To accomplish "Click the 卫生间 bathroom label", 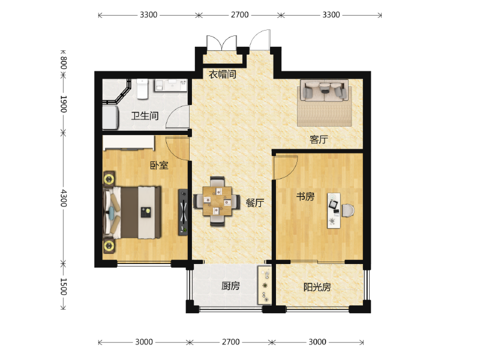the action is tap(145, 116).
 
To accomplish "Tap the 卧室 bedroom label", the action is tap(159, 166).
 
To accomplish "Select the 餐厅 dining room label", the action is tap(254, 203).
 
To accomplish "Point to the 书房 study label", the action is tap(305, 196).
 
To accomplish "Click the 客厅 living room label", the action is tap(319, 140).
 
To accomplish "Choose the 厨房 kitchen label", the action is tap(230, 286).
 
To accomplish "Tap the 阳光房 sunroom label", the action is tap(317, 287).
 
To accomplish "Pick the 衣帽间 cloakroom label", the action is tap(222, 74).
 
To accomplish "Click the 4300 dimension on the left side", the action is tap(64, 198).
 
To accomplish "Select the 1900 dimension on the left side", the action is tap(64, 104).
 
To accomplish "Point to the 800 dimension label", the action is tap(64, 63).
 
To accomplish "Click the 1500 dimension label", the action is tap(64, 287).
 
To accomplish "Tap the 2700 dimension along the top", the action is tap(239, 14).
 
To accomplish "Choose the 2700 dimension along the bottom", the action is tap(231, 341).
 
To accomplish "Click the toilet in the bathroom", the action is tap(142, 89).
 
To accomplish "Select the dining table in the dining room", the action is tap(217, 201).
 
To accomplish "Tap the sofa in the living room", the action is tap(324, 91).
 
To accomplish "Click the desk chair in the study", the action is tap(348, 211).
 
